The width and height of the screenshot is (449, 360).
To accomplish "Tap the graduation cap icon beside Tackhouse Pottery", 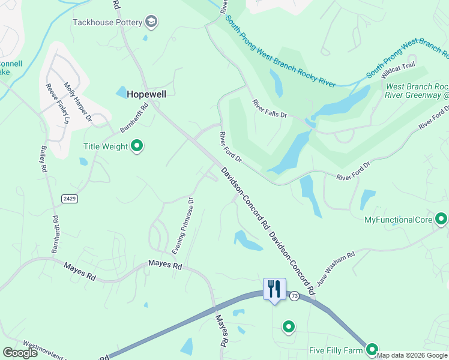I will [x=151, y=23].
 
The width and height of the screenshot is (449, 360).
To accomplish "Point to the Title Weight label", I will [x=106, y=146].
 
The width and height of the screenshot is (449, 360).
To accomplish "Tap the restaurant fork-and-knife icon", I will [x=274, y=289].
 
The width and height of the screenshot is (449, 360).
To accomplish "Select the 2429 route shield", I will [x=69, y=198].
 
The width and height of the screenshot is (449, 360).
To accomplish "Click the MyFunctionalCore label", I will [x=399, y=220].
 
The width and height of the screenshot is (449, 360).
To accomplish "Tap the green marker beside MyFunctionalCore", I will [x=441, y=219].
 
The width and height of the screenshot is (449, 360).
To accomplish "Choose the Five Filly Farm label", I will [x=337, y=350].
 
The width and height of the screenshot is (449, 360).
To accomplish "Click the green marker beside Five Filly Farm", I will [x=372, y=349].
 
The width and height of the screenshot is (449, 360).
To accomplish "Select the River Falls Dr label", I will [x=270, y=108].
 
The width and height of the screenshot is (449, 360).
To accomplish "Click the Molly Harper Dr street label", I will [x=77, y=103].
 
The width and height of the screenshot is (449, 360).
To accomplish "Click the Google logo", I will [x=20, y=353].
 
